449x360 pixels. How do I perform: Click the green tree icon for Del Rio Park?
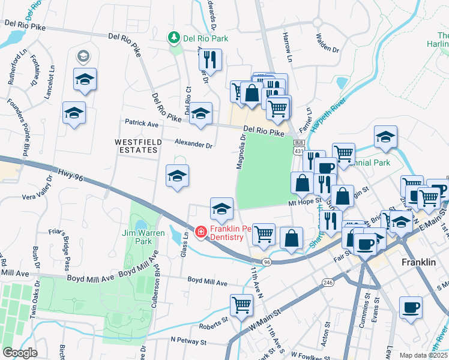click(x=174, y=38)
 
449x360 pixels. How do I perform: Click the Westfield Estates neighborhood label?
click(x=136, y=146)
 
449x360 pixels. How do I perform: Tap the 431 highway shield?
click(x=298, y=151)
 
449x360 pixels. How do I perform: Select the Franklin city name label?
click(x=418, y=263)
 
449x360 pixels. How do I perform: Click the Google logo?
click(x=20, y=352)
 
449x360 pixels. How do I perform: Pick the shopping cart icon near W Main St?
click(x=241, y=305)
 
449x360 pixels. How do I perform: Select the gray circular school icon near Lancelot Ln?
click(x=83, y=57)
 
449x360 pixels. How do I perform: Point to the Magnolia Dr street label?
click(x=241, y=152)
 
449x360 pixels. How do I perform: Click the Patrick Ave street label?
click(x=141, y=123)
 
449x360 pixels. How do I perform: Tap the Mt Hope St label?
click(x=306, y=203)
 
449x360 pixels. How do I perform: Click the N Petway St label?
click(x=188, y=340)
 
